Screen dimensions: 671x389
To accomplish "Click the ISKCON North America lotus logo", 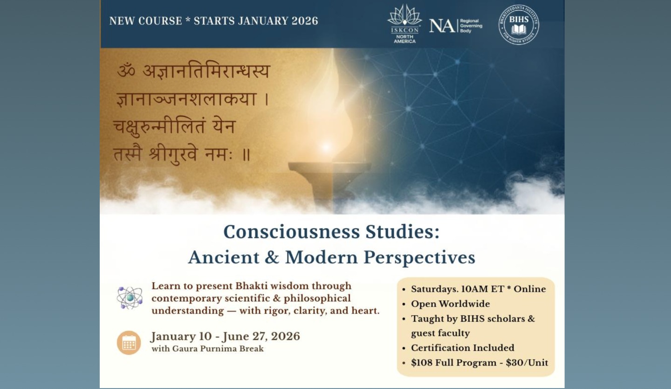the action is tap(404, 23).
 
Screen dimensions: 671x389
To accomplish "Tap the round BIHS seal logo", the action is tap(519, 25).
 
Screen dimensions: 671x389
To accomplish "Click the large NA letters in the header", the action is tap(442, 26).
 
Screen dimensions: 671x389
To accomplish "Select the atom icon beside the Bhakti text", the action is tap(130, 298).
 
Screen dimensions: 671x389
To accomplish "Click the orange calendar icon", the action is tap(129, 342).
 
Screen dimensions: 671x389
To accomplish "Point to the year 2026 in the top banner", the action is tap(305, 21).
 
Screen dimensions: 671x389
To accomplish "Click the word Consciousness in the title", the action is tap(292, 232).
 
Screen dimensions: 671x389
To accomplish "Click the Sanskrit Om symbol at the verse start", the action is tap(126, 71).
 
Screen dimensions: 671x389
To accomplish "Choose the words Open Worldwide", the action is tap(451, 304).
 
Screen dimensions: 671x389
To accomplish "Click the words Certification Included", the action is tap(463, 348).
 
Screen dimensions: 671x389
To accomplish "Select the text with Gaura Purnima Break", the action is tap(208, 349).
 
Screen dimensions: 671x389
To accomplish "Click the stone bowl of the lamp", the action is tap(329, 171).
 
